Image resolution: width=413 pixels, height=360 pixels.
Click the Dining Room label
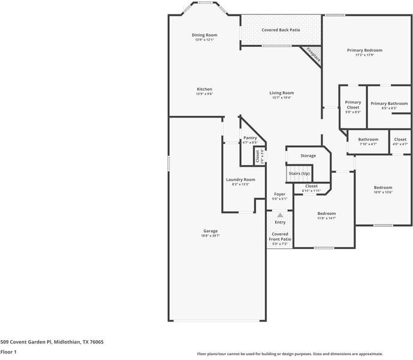pyautogui.click(x=204, y=35)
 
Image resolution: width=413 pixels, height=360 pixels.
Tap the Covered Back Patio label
pyautogui.click(x=281, y=29)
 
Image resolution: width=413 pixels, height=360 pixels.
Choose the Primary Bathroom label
pyautogui.click(x=388, y=103)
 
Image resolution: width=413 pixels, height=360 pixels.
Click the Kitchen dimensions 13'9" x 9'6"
pyautogui.click(x=204, y=94)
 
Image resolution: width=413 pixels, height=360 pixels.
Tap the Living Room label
pyautogui.click(x=281, y=93)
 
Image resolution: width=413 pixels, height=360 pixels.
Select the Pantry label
pyautogui.click(x=250, y=138)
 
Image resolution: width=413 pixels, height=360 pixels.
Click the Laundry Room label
pyautogui.click(x=240, y=179)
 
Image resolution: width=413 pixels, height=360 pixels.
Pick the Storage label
pyautogui.click(x=308, y=155)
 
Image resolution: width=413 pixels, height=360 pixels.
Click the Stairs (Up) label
pyautogui.click(x=299, y=173)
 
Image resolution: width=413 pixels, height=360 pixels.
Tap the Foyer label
pyautogui.click(x=279, y=194)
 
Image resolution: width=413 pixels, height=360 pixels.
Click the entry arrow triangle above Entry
pyautogui.click(x=279, y=214)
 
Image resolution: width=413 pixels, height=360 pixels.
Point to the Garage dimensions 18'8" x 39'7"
pyautogui.click(x=210, y=236)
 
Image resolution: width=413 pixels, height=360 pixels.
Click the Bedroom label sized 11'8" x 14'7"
pyautogui.click(x=327, y=214)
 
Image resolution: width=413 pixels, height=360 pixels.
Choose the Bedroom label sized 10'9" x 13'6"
pyautogui.click(x=383, y=187)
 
